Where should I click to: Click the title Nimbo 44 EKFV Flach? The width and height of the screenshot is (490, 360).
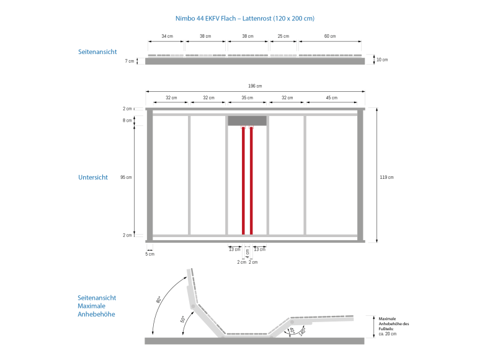pyautogui.click(x=206, y=19)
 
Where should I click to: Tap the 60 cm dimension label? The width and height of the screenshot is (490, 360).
pyautogui.click(x=330, y=36)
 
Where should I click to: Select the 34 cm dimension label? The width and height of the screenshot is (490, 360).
pyautogui.click(x=167, y=36)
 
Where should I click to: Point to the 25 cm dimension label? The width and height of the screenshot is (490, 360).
pyautogui.click(x=283, y=36)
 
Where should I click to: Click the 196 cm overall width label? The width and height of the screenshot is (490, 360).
pyautogui.click(x=255, y=86)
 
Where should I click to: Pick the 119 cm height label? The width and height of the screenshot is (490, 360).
pyautogui.click(x=386, y=178)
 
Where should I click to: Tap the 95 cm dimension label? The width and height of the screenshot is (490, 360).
pyautogui.click(x=126, y=178)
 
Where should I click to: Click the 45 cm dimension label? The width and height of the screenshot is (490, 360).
pyautogui.click(x=332, y=98)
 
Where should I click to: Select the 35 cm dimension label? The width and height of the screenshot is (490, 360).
pyautogui.click(x=247, y=98)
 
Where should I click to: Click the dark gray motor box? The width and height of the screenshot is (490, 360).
pyautogui.click(x=247, y=121)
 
